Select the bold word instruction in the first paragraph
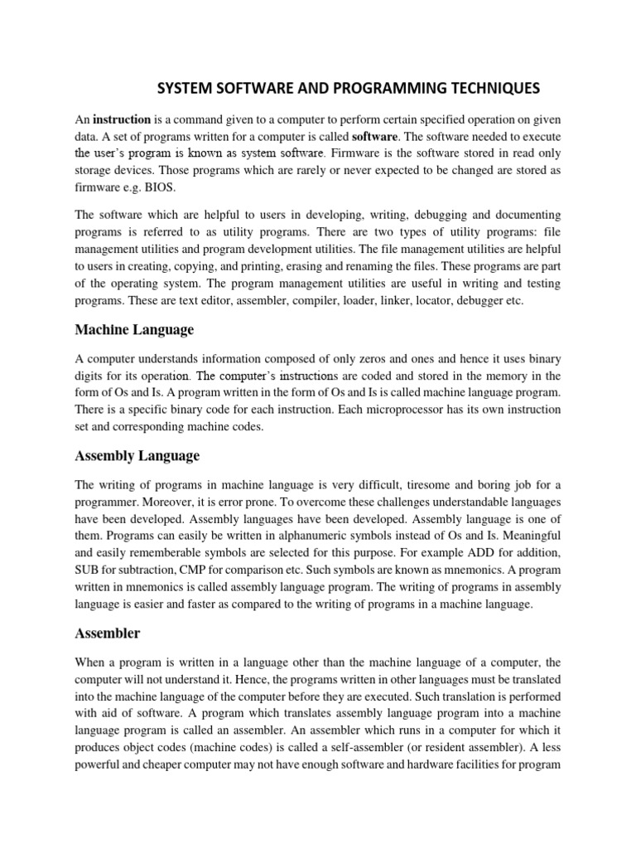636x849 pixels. point(122,119)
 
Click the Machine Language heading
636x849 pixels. point(134,330)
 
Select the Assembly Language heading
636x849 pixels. point(137,456)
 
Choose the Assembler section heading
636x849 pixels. point(107,633)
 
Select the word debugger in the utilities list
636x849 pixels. point(475,301)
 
